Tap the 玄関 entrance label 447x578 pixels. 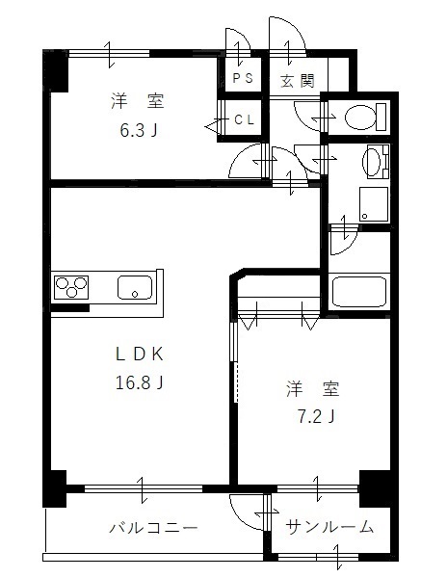click(x=298, y=81)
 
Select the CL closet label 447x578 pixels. click(x=245, y=121)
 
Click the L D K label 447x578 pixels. click(x=136, y=354)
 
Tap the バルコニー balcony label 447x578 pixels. click(x=152, y=529)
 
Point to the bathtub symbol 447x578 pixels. click(x=358, y=291)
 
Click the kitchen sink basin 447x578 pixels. click(x=135, y=287)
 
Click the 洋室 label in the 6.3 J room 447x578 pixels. click(x=133, y=101)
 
